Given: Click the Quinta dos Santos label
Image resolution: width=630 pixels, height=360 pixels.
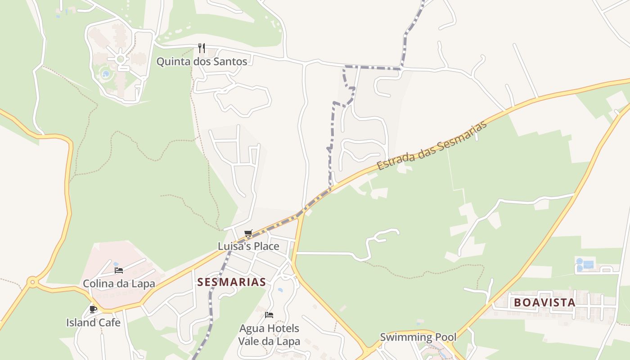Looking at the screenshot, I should [x=202, y=62].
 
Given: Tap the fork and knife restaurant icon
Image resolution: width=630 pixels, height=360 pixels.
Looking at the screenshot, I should [x=202, y=48].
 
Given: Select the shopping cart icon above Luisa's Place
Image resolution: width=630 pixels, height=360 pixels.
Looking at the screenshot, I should [x=248, y=233].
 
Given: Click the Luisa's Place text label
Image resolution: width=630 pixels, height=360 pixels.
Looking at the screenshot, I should [x=248, y=246].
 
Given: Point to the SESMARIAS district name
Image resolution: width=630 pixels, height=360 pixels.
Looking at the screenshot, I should [x=232, y=282].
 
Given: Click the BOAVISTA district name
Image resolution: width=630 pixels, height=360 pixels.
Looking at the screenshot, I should [x=544, y=302].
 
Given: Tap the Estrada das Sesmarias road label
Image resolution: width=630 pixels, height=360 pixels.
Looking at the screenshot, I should [x=432, y=146].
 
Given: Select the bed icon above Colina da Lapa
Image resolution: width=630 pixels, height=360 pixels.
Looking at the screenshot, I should [x=119, y=270].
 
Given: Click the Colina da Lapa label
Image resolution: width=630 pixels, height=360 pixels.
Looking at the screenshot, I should [x=119, y=283].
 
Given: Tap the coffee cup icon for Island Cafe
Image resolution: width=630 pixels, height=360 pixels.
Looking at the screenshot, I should [x=93, y=309].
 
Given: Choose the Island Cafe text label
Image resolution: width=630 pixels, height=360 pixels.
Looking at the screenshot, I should [x=93, y=323].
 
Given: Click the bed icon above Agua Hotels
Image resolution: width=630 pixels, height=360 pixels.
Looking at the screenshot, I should [x=269, y=315].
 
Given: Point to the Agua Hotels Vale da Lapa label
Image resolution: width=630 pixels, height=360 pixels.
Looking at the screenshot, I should [x=269, y=335].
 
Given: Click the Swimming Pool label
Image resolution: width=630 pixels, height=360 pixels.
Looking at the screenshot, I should [x=418, y=337].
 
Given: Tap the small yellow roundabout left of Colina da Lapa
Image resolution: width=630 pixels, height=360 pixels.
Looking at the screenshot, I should [x=32, y=283].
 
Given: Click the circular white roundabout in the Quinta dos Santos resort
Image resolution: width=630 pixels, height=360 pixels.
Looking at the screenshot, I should [x=120, y=59].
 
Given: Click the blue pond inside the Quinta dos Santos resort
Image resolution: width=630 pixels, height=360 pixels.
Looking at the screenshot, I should [x=106, y=73].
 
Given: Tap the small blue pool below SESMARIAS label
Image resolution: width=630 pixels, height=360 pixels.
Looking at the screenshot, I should [x=280, y=290].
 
